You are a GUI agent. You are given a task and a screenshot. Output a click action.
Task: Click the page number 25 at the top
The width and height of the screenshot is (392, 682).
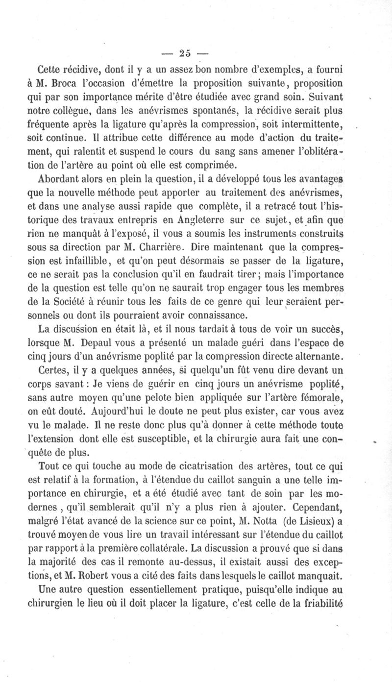(184, 52)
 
